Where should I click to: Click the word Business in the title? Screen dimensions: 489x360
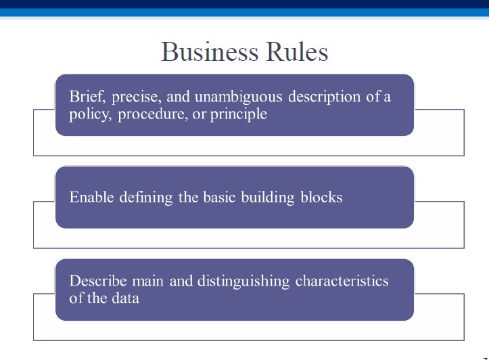(x=210, y=51)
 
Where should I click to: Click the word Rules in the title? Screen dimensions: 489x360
(x=297, y=51)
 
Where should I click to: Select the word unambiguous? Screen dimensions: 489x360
(x=238, y=97)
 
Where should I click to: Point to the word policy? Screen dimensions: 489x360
(x=90, y=114)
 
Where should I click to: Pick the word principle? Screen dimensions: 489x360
(x=239, y=114)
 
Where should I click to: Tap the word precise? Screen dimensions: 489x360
(x=137, y=97)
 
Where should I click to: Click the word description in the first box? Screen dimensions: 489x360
(x=325, y=97)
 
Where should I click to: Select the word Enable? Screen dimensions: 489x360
(x=91, y=197)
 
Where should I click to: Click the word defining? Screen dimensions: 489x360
(x=146, y=198)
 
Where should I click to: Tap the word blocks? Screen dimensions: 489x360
(x=321, y=197)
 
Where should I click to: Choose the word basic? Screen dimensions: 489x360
(x=219, y=197)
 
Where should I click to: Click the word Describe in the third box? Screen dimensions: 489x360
(x=98, y=281)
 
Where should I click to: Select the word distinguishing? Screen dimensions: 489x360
(x=243, y=282)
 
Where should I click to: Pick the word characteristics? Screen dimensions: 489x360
(x=342, y=281)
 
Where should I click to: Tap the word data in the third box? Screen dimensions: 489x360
(x=125, y=298)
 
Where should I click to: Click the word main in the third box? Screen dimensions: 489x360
(x=148, y=282)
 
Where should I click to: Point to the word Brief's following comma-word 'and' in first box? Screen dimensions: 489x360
(x=178, y=96)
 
